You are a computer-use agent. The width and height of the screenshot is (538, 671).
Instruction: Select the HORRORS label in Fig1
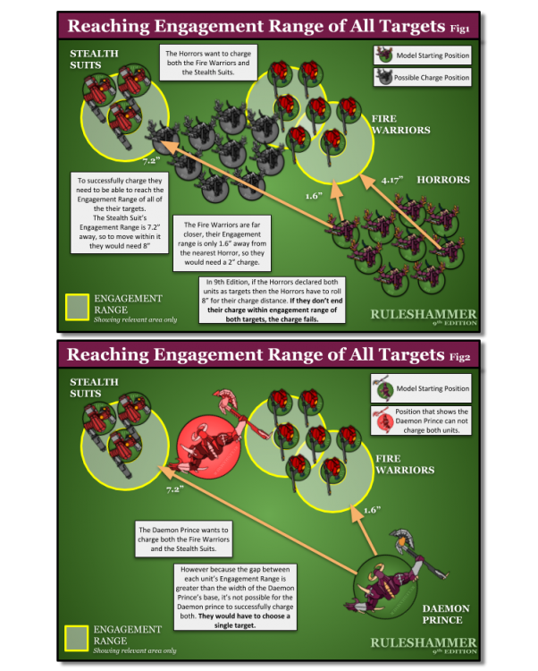[x=443, y=180]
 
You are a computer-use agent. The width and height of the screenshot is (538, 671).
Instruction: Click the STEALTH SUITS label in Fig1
[x=94, y=60]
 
